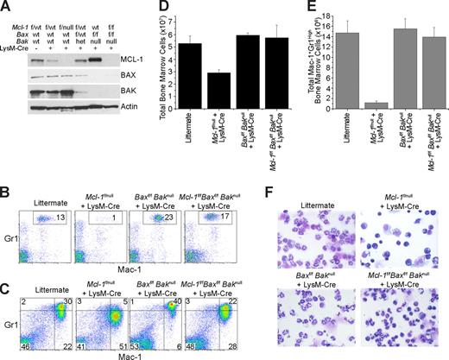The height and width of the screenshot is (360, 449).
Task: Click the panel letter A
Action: coord(6,7)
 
